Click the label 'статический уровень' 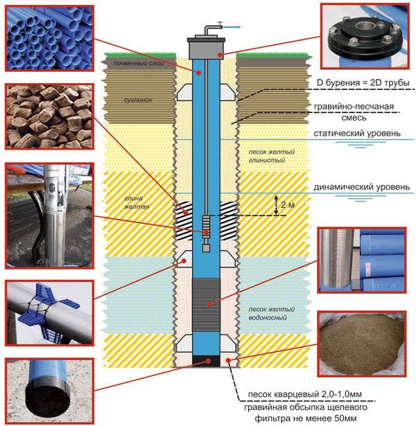pyautogui.click(x=357, y=134)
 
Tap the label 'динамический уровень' pyautogui.click(x=362, y=187)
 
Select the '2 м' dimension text pyautogui.click(x=288, y=205)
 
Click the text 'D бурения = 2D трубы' pyautogui.click(x=363, y=82)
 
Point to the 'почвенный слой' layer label pyautogui.click(x=139, y=63)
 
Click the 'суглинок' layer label pyautogui.click(x=138, y=100)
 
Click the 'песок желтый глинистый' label pyautogui.click(x=271, y=156)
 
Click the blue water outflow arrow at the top pyautogui.click(x=231, y=27)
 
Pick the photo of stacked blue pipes pyautogui.click(x=49, y=38)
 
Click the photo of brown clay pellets pyautogui.click(x=49, y=116)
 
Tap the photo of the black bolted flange pyautogui.click(x=365, y=37)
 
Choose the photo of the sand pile pyautogui.click(x=362, y=344)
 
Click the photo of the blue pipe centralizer pyautogui.click(x=49, y=313)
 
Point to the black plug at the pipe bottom pyautogui.click(x=206, y=361)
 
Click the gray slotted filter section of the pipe pyautogui.click(x=206, y=305)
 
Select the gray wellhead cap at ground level pyautogui.click(x=206, y=48)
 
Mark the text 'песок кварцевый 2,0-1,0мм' pyautogui.click(x=305, y=394)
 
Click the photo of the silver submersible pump pyautogui.click(x=49, y=216)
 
